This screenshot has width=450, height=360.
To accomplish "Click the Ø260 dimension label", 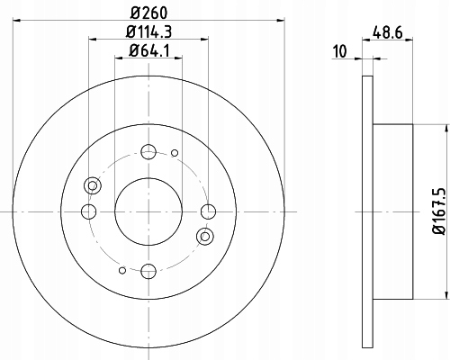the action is (148, 13).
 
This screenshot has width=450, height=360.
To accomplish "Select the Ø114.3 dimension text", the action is (148, 31).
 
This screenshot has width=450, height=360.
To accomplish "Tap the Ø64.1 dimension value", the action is (149, 50).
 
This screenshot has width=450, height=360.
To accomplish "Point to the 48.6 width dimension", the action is (388, 32).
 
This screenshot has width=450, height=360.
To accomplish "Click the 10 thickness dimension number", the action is (340, 51).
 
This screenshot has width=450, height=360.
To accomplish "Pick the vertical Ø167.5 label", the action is (438, 211).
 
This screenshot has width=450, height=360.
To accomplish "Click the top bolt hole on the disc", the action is (148, 152).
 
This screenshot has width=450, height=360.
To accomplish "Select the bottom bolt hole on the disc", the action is (148, 272).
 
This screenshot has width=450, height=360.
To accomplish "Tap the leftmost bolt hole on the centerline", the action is (89, 211).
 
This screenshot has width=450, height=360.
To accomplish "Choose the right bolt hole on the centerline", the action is (208, 211).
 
